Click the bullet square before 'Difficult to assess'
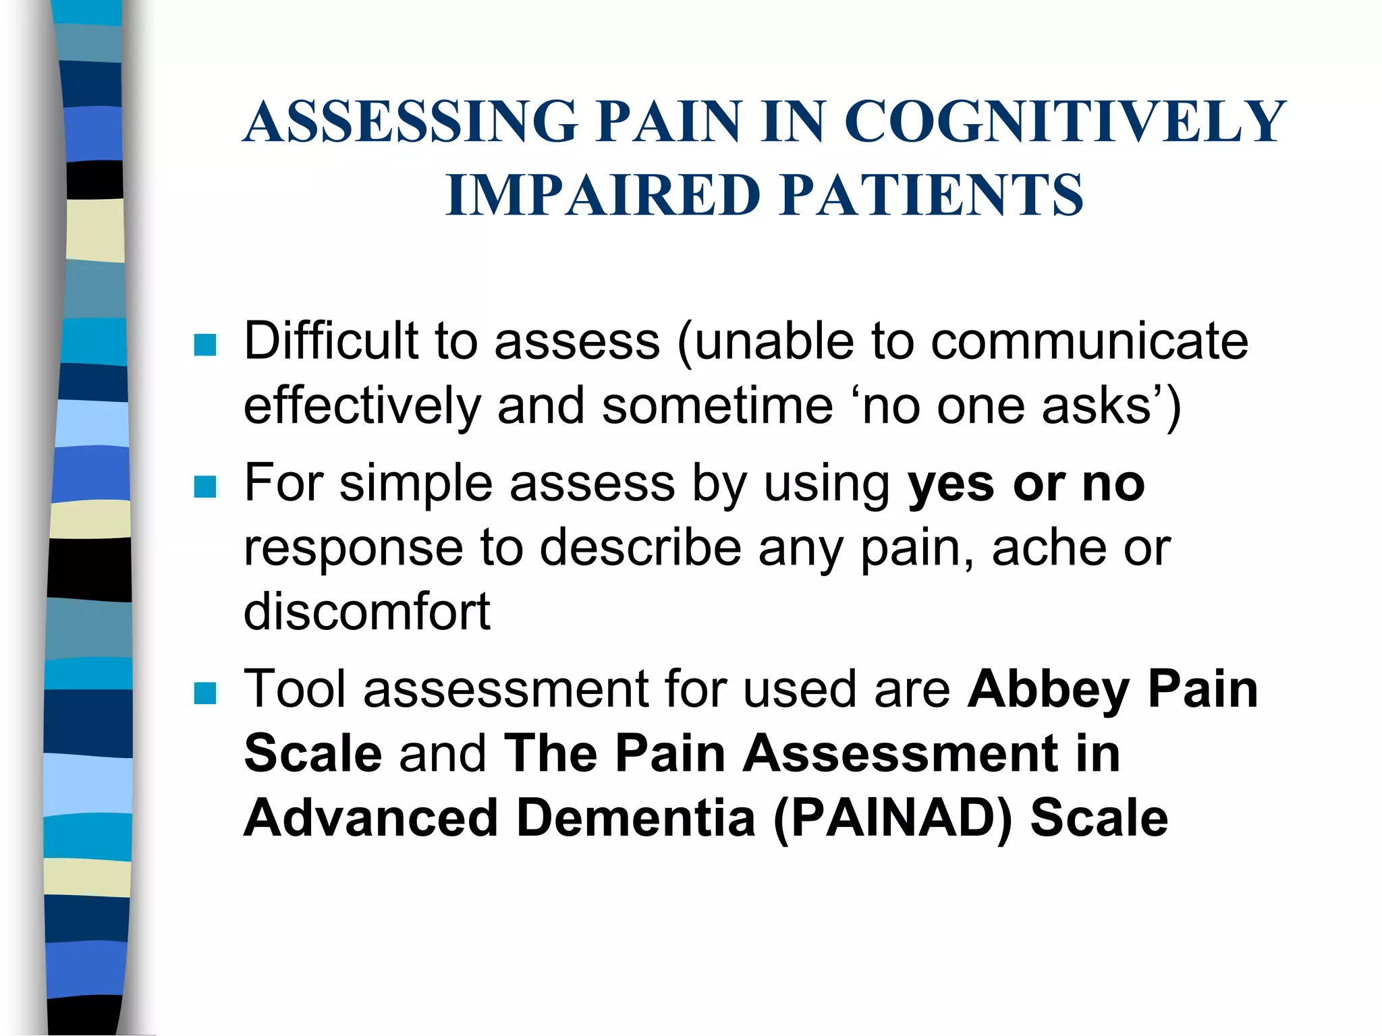[x=204, y=345]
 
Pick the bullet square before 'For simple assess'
[x=204, y=486]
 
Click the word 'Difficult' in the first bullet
[x=330, y=341]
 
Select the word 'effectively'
[x=362, y=406]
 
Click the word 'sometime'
[x=717, y=406]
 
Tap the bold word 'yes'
[x=950, y=484]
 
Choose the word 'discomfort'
[x=366, y=612]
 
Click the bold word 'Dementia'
[x=635, y=817]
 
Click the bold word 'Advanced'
[x=370, y=817]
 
